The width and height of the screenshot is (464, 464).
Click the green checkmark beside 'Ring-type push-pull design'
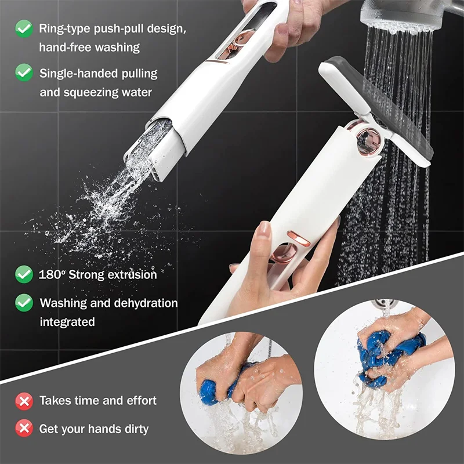(24, 28)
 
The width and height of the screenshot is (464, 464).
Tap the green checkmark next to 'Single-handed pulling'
(24, 73)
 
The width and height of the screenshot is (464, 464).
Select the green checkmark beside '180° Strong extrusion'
(24, 274)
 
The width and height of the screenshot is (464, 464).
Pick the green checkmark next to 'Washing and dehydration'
(24, 302)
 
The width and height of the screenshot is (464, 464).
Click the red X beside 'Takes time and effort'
(24, 400)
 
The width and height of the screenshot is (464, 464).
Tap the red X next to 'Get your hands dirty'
(24, 429)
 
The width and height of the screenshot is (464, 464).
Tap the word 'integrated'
(67, 321)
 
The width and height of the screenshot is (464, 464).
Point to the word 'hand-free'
(61, 47)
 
